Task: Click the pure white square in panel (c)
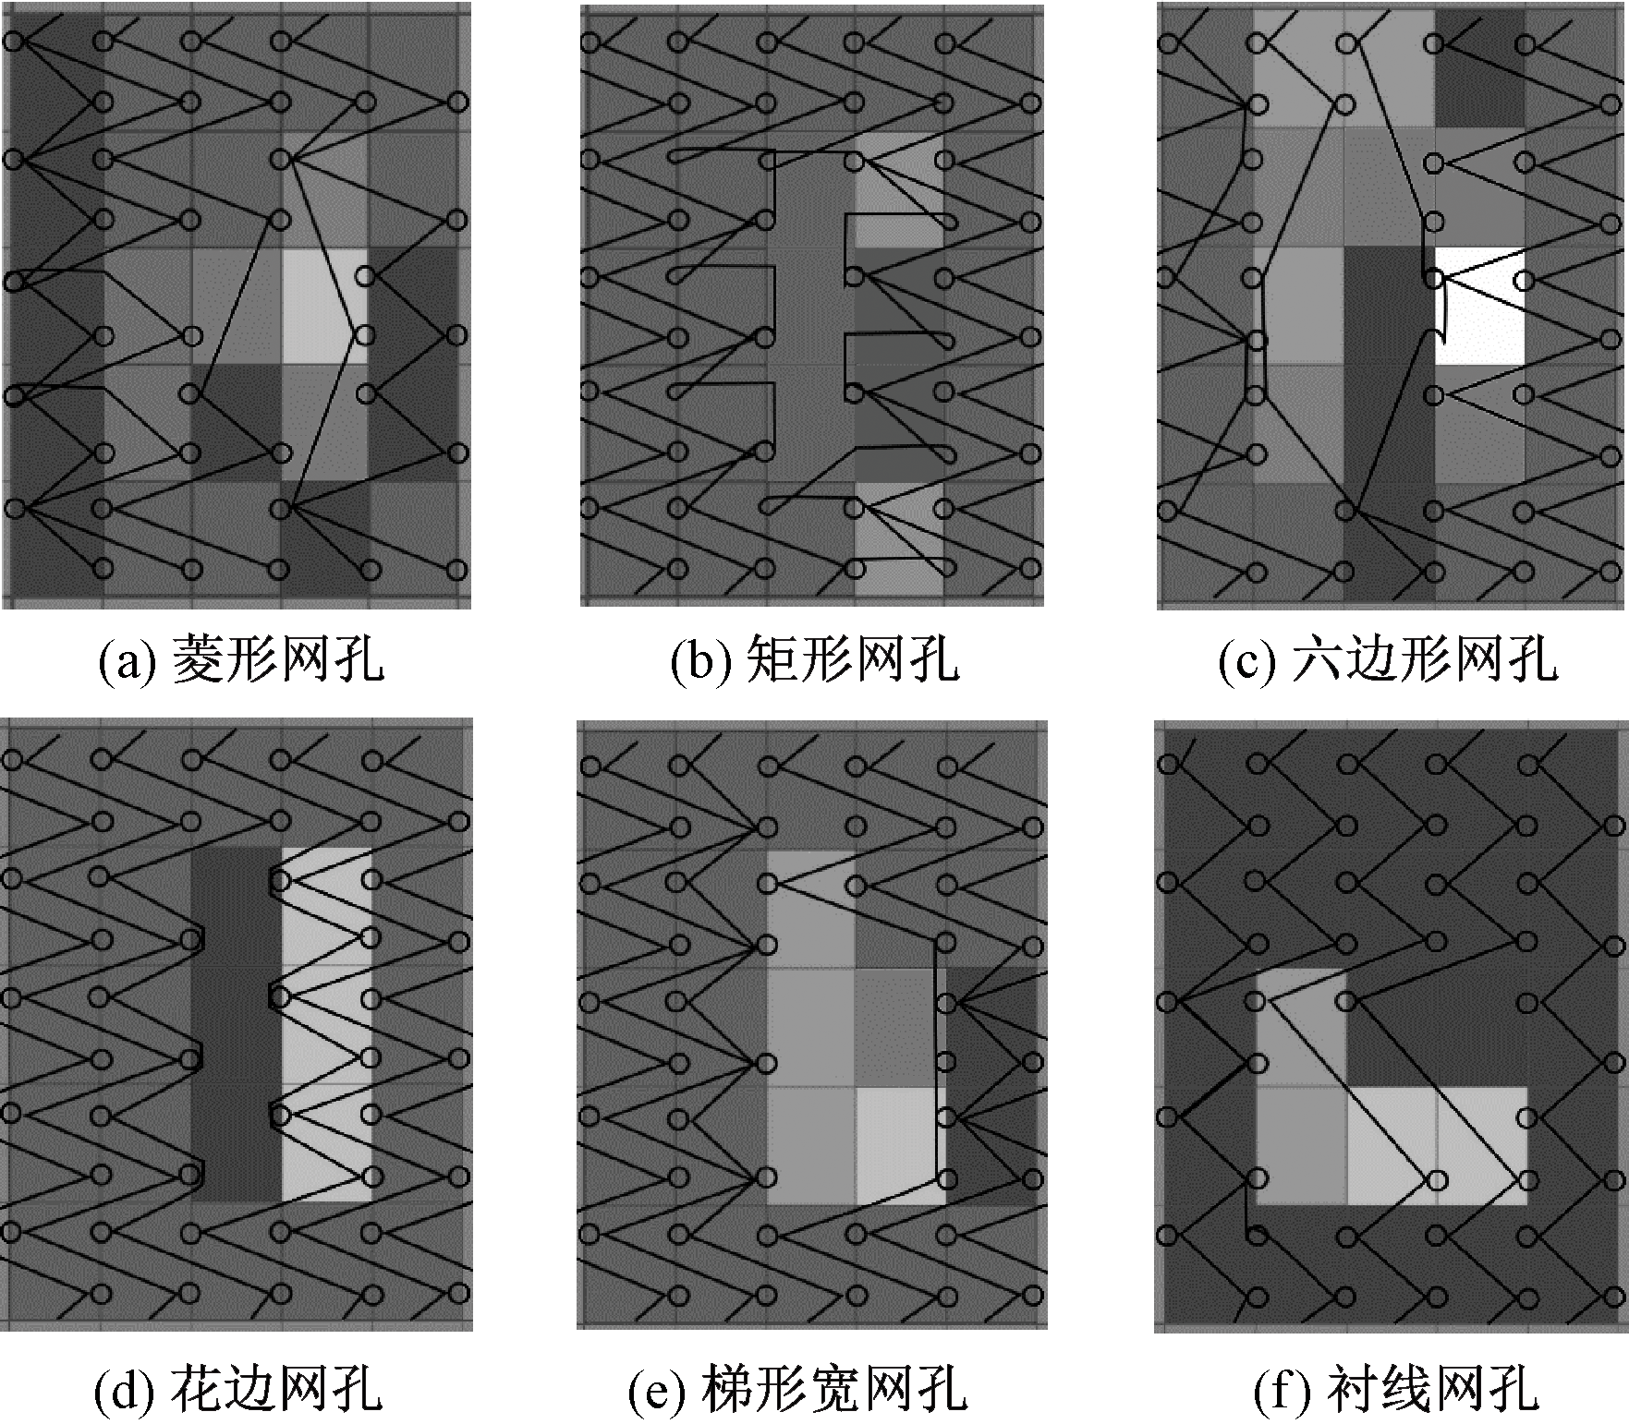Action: click(x=1478, y=306)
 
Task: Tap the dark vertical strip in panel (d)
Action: click(x=236, y=1025)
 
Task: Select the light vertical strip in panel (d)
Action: click(x=325, y=1025)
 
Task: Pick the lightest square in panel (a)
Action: click(x=324, y=306)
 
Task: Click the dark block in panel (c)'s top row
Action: click(x=1478, y=68)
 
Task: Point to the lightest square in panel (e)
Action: click(x=900, y=1145)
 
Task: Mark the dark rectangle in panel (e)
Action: click(x=988, y=1086)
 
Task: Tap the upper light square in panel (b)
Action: click(x=899, y=188)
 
